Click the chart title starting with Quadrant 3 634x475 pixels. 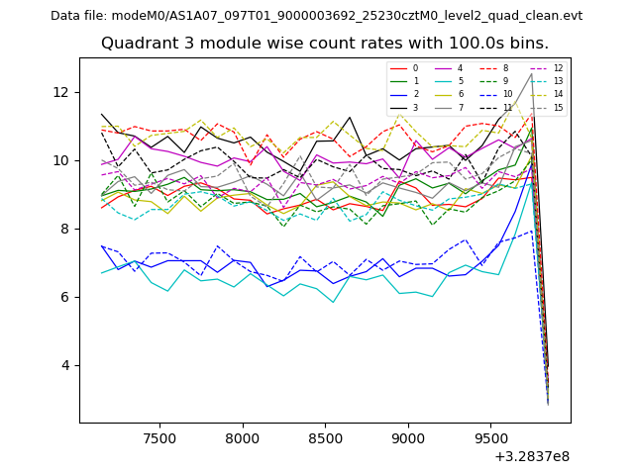[324, 44]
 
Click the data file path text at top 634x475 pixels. [316, 16]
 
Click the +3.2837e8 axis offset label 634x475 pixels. [531, 456]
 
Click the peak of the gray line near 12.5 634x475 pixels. [531, 74]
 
